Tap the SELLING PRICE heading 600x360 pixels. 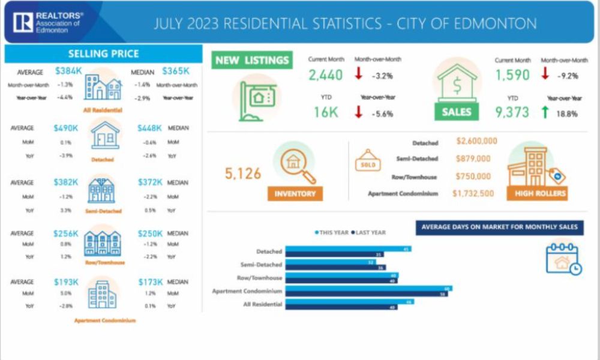tap(104, 53)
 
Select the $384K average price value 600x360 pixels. tap(67, 71)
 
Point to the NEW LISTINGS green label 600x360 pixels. tap(252, 60)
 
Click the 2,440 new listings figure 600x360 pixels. tap(326, 75)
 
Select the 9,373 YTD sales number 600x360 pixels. tap(512, 112)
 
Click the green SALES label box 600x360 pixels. tap(457, 112)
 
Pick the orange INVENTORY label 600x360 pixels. tap(295, 193)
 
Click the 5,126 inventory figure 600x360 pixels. tap(243, 174)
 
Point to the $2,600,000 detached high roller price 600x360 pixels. tap(476, 142)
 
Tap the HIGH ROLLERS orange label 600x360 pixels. tap(536, 193)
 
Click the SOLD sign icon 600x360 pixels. tap(367, 163)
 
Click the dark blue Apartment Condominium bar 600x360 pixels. tap(366, 294)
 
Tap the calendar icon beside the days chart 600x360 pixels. tap(563, 258)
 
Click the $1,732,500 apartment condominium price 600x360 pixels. tap(473, 193)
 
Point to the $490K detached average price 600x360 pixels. tap(66, 128)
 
